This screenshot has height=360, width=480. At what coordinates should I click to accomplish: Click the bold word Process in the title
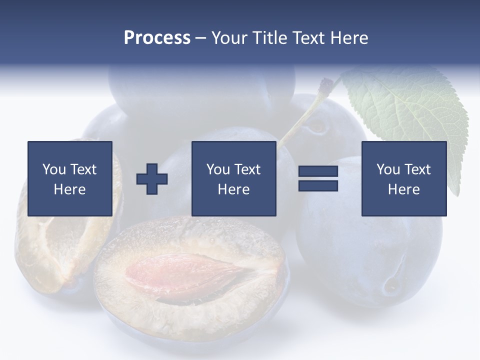157,38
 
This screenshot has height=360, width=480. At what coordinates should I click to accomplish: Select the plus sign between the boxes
152,179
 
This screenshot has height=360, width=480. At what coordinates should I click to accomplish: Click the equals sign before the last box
318,178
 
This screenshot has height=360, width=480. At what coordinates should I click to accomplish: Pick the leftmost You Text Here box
70,178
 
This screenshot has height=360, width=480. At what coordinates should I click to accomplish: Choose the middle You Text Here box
233,178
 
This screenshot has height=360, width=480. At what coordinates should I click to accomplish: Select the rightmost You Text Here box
403,178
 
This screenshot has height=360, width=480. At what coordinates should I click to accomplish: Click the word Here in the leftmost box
69,189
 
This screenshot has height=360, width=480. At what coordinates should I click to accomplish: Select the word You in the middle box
218,169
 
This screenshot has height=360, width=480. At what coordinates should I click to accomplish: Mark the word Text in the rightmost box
417,169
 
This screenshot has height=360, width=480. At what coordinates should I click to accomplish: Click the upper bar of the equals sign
318,172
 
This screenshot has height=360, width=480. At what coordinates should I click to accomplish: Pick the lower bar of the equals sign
318,185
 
